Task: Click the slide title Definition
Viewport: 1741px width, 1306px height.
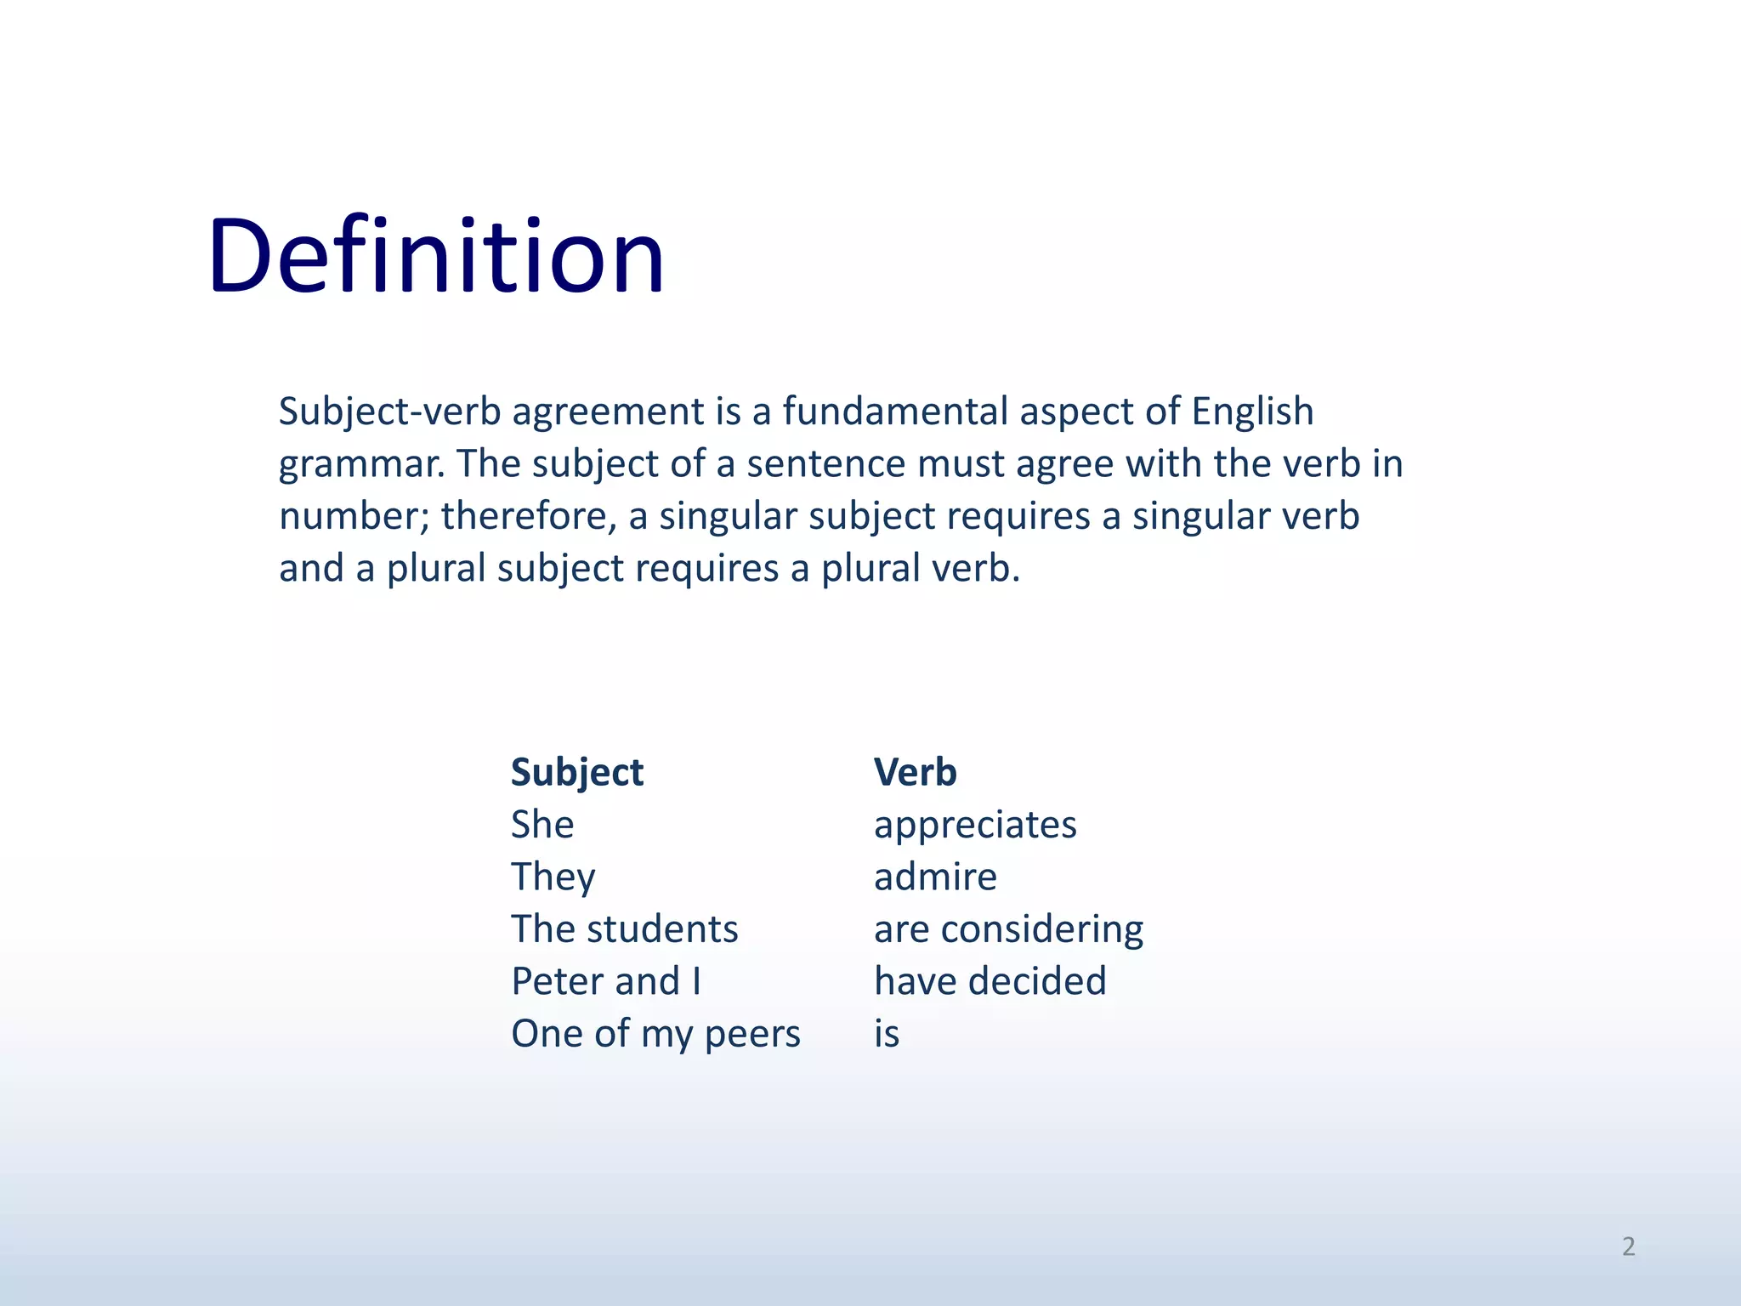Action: coord(435,256)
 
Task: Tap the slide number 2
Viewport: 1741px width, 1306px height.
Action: coord(1628,1246)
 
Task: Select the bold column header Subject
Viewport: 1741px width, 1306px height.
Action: coord(576,773)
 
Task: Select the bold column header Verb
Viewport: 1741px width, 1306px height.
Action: coord(915,773)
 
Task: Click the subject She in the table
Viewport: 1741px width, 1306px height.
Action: coord(542,825)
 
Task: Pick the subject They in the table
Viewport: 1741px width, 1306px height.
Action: coord(553,877)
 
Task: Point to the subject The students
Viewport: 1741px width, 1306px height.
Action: coord(624,929)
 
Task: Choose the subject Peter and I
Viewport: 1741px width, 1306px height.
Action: coord(605,981)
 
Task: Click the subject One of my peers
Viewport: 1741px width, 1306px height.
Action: coord(655,1034)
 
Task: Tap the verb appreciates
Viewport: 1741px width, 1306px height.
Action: coord(975,826)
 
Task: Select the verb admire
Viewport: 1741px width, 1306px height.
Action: coord(935,877)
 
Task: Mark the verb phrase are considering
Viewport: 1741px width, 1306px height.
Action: coord(1008,929)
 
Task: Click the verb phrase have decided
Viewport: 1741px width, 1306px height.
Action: coord(990,981)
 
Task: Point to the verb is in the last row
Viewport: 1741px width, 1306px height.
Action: coord(886,1034)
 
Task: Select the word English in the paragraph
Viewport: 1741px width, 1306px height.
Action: coord(1252,412)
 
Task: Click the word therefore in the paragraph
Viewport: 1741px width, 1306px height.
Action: coord(528,516)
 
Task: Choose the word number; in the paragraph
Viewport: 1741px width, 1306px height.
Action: coord(354,516)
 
